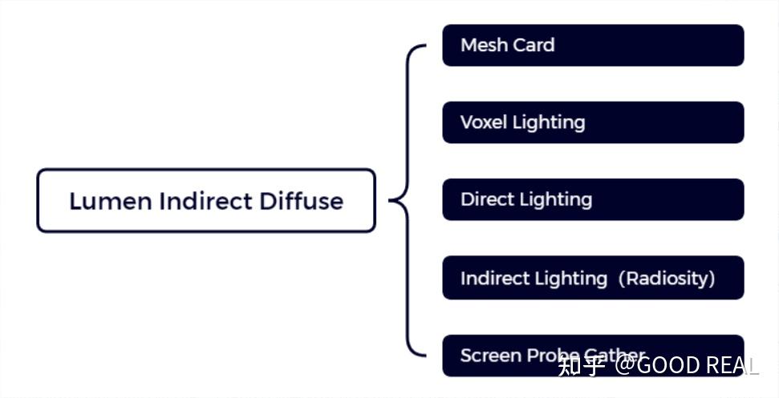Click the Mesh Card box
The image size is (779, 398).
(593, 45)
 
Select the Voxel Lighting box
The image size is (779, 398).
(593, 123)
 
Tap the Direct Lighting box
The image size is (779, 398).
(593, 199)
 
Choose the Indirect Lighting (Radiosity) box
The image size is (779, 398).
(593, 278)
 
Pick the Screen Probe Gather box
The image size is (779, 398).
(593, 355)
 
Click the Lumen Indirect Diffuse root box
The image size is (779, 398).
(206, 200)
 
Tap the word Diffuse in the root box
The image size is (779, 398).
(301, 201)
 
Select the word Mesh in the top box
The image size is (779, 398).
(480, 45)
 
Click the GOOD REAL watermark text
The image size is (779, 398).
(697, 367)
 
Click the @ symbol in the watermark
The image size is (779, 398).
(626, 367)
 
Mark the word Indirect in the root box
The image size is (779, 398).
(205, 201)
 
